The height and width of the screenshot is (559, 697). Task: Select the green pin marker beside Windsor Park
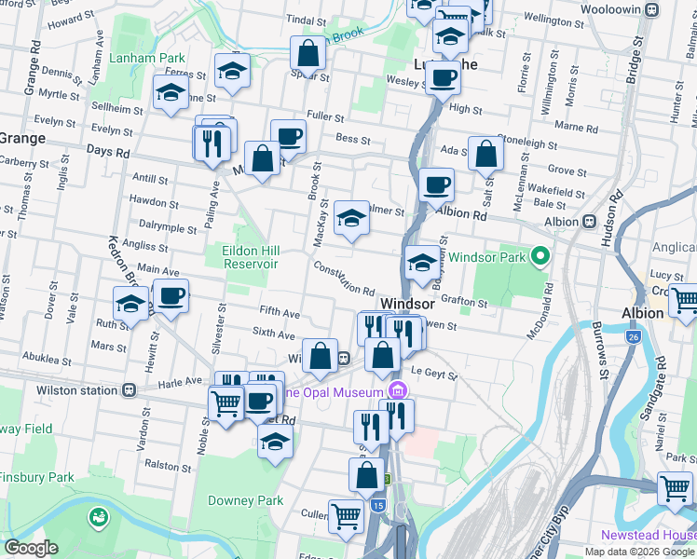(539, 256)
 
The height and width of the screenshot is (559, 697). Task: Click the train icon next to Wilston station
(131, 390)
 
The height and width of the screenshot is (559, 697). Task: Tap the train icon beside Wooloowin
(653, 12)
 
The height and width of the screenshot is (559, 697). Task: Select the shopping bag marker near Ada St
(486, 154)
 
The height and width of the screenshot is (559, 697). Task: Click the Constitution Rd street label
(343, 279)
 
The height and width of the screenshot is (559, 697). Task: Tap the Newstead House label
(648, 536)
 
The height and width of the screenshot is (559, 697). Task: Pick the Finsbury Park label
(36, 478)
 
